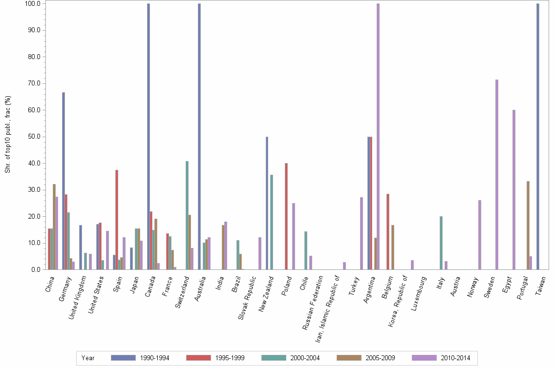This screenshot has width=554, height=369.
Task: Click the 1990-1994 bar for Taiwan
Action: click(x=537, y=137)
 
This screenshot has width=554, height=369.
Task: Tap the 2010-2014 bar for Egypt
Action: click(x=514, y=190)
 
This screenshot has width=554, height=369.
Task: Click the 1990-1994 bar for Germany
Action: click(x=64, y=181)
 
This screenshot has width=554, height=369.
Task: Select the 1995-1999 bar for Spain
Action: click(x=117, y=220)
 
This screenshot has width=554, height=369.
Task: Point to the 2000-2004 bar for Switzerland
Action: click(x=187, y=215)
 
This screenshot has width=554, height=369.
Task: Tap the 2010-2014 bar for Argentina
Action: click(x=378, y=137)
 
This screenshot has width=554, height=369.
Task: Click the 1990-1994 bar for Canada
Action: click(x=149, y=137)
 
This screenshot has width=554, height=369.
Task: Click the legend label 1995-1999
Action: click(x=230, y=358)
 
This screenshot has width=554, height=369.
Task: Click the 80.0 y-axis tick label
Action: click(x=32, y=57)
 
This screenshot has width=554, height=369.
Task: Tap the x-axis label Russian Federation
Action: click(x=313, y=303)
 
